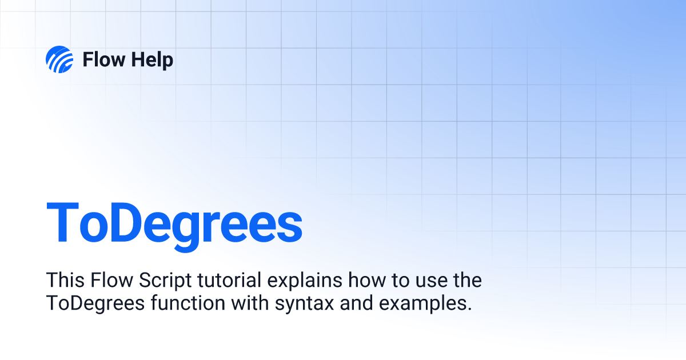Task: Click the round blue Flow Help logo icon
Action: point(59,59)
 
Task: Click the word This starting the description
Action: point(63,281)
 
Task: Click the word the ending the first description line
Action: point(465,281)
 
